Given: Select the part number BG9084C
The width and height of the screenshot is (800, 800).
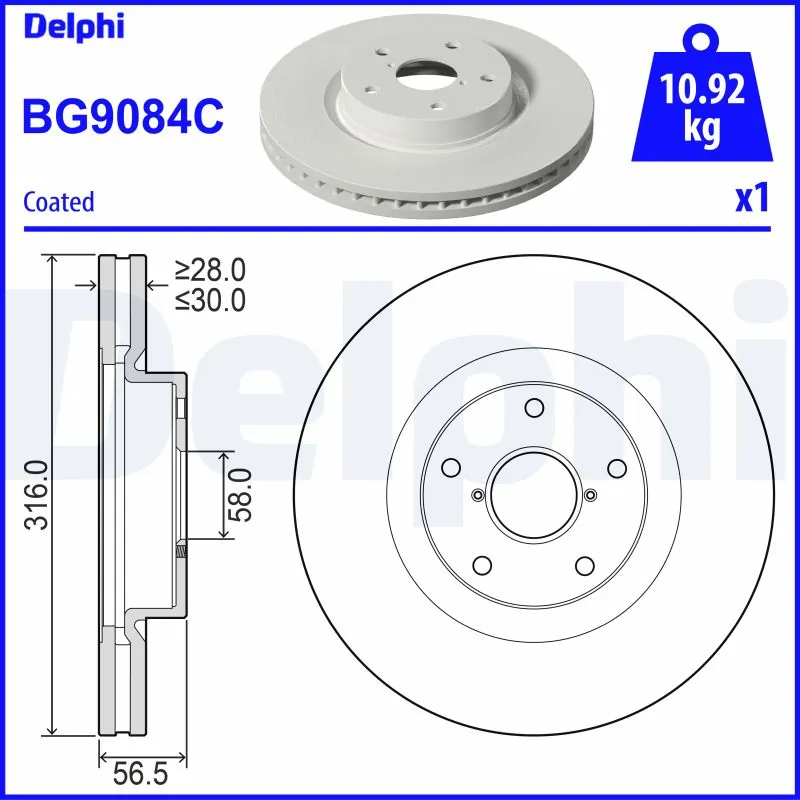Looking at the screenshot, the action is (x=123, y=116).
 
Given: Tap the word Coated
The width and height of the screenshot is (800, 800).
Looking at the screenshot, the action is (x=58, y=201).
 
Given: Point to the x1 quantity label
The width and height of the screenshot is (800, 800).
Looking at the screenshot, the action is (x=752, y=199).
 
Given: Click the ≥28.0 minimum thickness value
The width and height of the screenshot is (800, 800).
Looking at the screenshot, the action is (x=210, y=270).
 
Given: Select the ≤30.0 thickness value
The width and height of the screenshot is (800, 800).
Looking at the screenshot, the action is (x=210, y=299).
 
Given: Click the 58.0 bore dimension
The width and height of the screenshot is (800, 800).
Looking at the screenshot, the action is (x=241, y=494).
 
